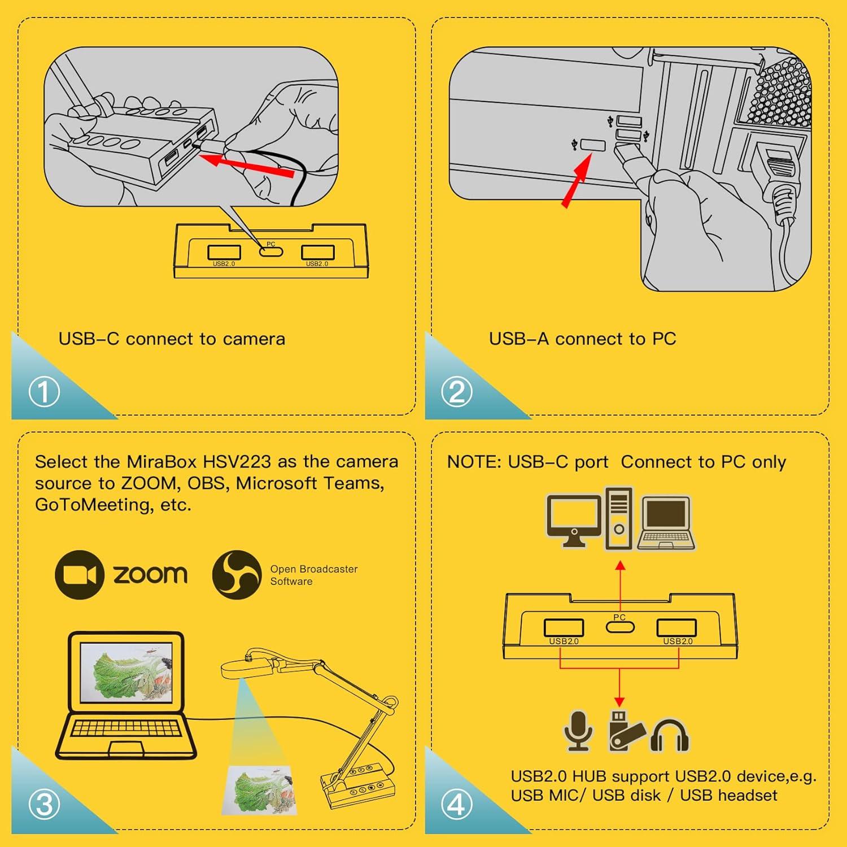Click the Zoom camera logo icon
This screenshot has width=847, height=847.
[x=80, y=574]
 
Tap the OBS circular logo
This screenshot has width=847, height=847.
[x=237, y=574]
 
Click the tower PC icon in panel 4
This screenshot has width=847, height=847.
[x=619, y=518]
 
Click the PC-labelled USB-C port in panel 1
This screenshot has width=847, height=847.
[x=271, y=251]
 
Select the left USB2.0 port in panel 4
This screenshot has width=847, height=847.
[x=564, y=628]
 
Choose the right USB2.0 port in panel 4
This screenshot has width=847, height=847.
[x=676, y=628]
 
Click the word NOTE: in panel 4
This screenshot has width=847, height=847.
[x=474, y=462]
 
